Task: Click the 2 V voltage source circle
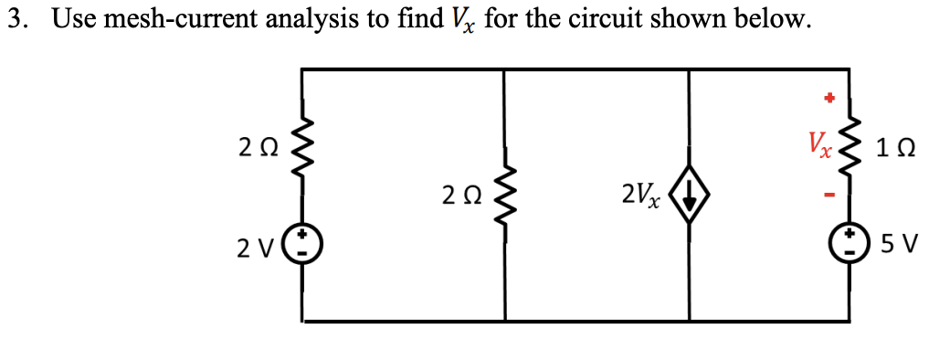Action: click(303, 246)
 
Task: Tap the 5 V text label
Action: click(900, 245)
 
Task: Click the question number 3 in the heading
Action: click(15, 19)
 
